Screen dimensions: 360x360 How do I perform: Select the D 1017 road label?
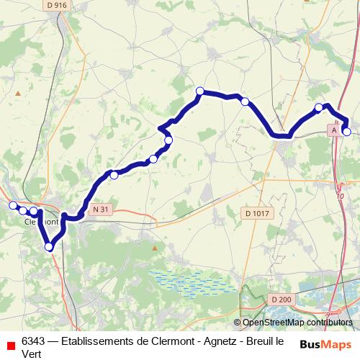[x=257, y=213]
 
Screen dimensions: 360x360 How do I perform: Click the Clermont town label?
[x=40, y=222]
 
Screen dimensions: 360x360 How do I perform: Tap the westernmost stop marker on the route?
[x=12, y=206]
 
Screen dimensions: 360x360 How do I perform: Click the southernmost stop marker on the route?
[x=49, y=247]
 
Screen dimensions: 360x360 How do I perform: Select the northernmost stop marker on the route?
[x=200, y=91]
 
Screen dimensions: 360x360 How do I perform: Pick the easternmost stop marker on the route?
[x=346, y=131]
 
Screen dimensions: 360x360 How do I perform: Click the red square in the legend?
[x=10, y=346]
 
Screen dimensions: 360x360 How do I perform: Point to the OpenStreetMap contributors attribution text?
[x=297, y=323]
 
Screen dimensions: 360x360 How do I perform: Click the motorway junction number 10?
[x=340, y=195]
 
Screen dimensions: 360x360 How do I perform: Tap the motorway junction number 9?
[x=328, y=314]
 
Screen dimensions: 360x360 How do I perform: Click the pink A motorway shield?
[x=333, y=130]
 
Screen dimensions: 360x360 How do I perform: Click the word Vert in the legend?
[x=32, y=354]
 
